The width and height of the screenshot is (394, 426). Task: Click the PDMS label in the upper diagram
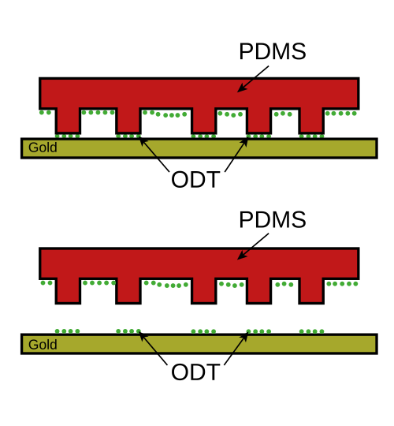pyautogui.click(x=273, y=51)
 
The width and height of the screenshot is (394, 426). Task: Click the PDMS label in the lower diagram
pyautogui.click(x=273, y=219)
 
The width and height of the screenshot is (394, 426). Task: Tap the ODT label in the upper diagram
pyautogui.click(x=195, y=180)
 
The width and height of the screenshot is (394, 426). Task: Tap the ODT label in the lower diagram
pyautogui.click(x=195, y=372)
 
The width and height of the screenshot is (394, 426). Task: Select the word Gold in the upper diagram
pyautogui.click(x=43, y=148)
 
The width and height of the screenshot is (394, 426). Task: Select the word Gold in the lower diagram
pyautogui.click(x=43, y=345)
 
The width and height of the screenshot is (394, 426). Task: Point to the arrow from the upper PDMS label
pyautogui.click(x=253, y=79)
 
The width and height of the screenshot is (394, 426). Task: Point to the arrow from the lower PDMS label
pyautogui.click(x=253, y=246)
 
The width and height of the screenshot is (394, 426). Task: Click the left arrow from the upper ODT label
pyautogui.click(x=154, y=155)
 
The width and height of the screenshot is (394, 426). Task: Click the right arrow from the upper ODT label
pyautogui.click(x=236, y=155)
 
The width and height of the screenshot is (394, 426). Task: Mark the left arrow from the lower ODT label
pyautogui.click(x=153, y=348)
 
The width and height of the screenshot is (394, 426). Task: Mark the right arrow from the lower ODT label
pyautogui.click(x=236, y=348)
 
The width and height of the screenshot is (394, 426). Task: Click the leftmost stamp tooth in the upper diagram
pyautogui.click(x=68, y=121)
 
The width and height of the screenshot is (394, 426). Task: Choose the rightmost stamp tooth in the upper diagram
pyautogui.click(x=311, y=121)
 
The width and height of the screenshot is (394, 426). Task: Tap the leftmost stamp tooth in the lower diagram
pyautogui.click(x=68, y=290)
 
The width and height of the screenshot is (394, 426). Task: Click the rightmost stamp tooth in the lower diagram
pyautogui.click(x=311, y=290)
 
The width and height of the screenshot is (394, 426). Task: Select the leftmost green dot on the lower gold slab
pyautogui.click(x=58, y=331)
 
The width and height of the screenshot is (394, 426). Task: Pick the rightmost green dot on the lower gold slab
pyautogui.click(x=322, y=331)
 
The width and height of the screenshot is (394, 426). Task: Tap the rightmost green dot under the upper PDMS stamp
pyautogui.click(x=354, y=114)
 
